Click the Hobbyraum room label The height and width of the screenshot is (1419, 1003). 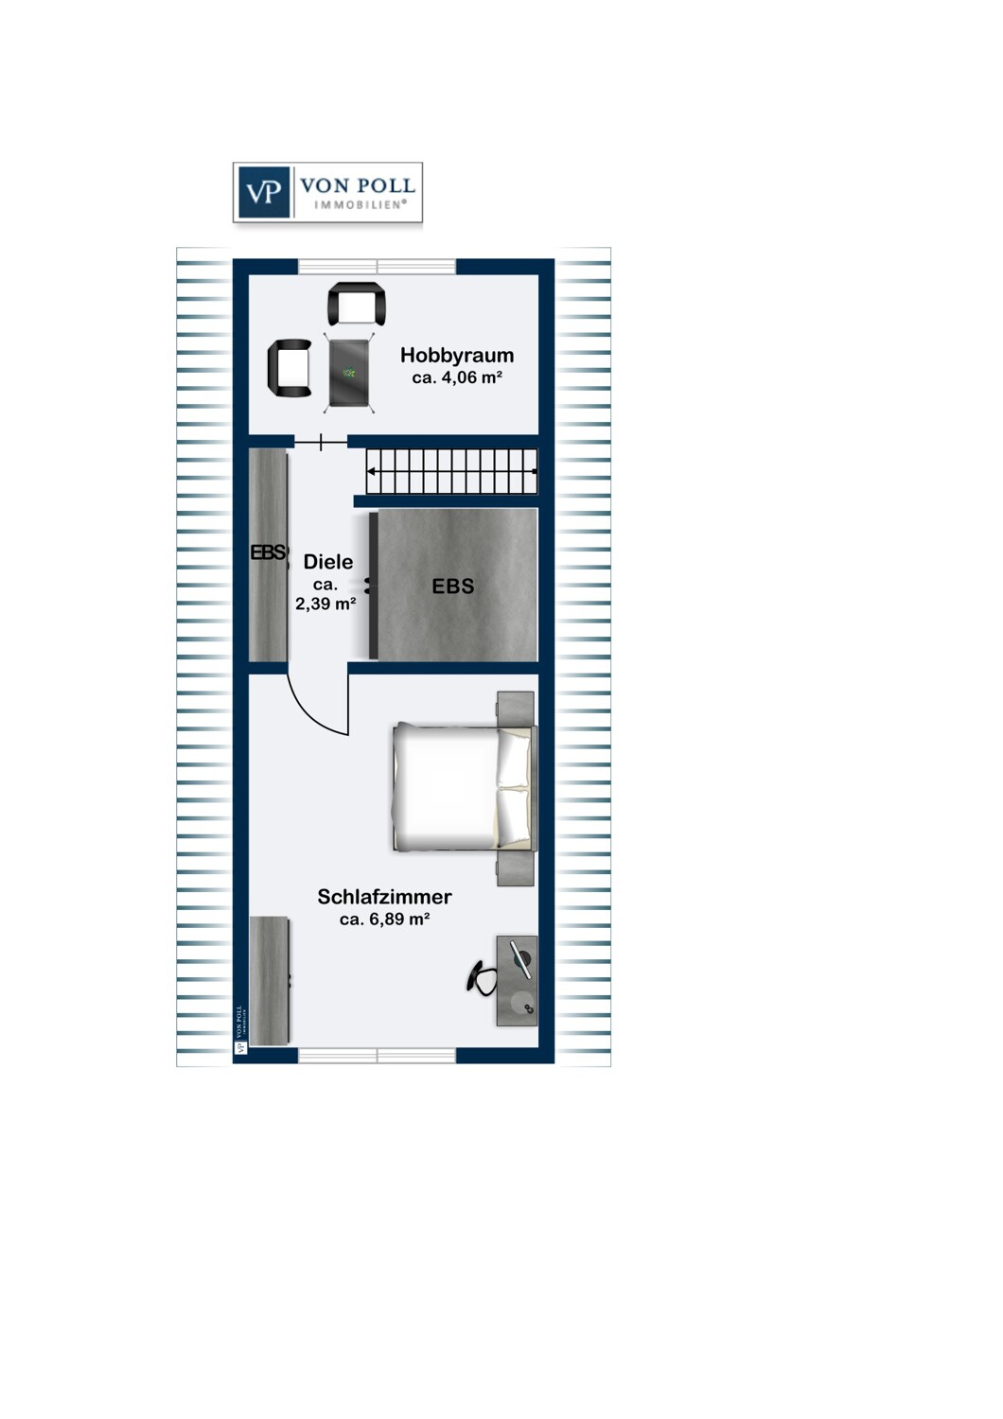[456, 356]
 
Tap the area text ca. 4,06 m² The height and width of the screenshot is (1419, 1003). [457, 377]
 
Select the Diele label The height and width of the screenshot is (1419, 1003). [328, 562]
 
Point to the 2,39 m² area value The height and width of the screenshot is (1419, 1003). [326, 604]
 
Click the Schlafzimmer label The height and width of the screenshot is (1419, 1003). [384, 897]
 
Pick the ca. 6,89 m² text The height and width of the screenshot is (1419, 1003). [384, 919]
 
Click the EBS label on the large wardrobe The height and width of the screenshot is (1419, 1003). [453, 587]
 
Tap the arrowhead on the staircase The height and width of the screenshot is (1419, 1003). [371, 471]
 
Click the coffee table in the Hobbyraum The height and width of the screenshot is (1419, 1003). [349, 373]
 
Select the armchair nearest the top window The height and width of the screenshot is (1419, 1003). [357, 304]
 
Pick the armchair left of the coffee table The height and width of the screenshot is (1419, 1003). [290, 368]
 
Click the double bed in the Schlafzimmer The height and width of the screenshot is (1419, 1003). [464, 787]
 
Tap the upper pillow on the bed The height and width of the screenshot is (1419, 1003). [513, 759]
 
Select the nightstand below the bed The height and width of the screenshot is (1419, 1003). [515, 867]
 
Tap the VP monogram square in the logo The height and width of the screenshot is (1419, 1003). [264, 192]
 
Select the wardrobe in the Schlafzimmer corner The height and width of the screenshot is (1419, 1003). [271, 981]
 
